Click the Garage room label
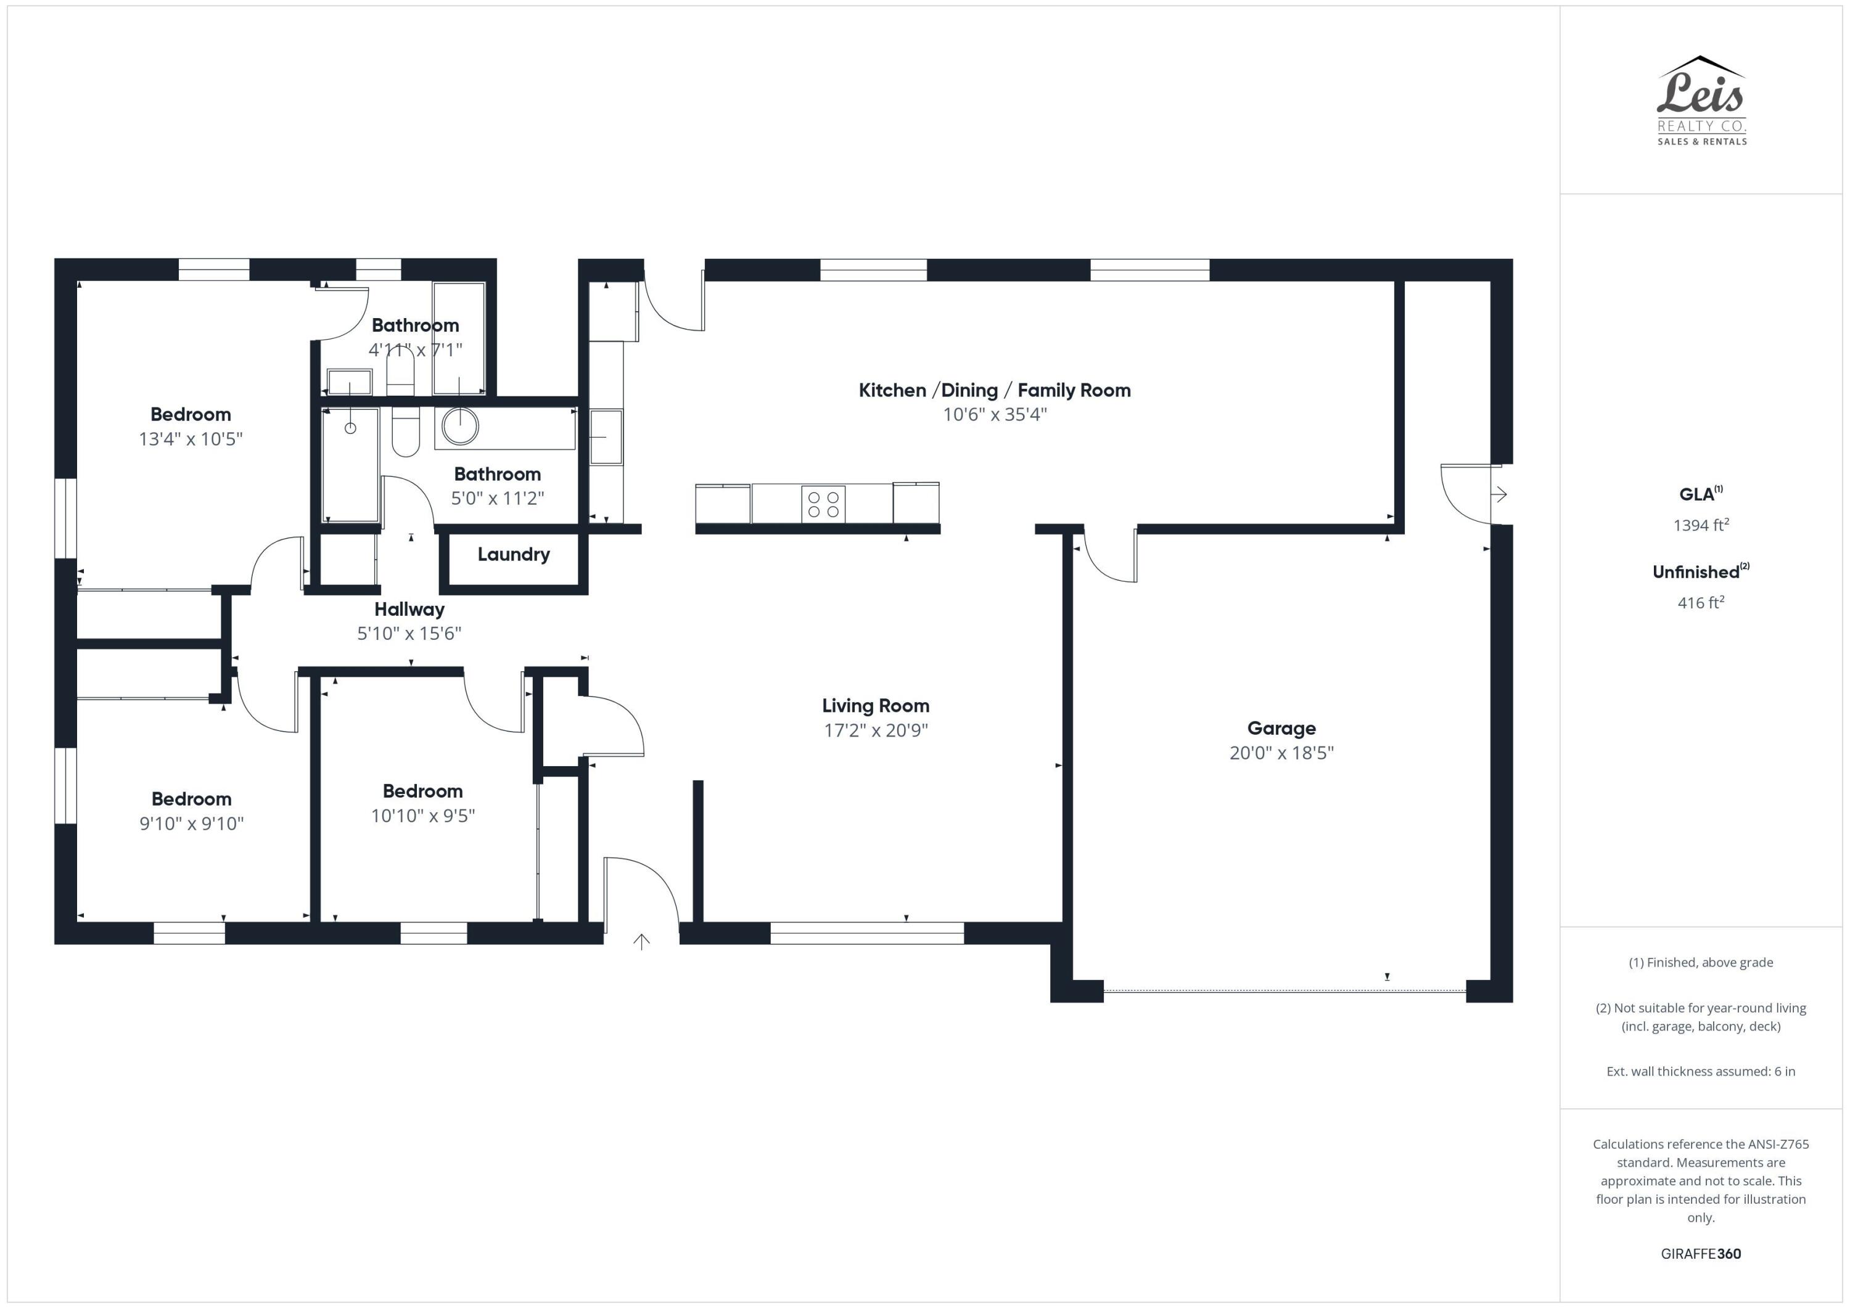[1281, 728]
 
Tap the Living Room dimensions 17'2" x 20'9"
[876, 730]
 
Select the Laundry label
[513, 554]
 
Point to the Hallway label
[409, 610]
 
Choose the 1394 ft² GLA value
[1700, 525]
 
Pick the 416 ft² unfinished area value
[1700, 602]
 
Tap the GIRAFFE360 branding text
[1700, 1253]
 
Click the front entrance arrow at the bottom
[641, 941]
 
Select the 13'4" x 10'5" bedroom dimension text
[191, 439]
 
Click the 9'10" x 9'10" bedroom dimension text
[192, 823]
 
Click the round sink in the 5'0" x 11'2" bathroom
[460, 426]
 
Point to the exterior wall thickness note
[1700, 1071]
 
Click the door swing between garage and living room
[1109, 556]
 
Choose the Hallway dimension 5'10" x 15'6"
[409, 634]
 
